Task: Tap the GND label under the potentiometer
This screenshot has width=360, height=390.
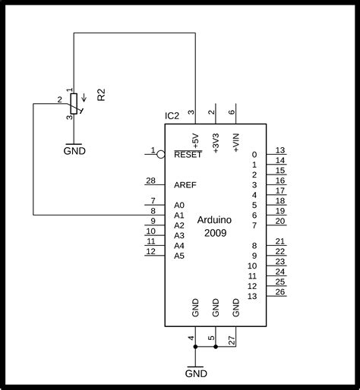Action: [74, 150]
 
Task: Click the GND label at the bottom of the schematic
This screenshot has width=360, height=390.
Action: [196, 373]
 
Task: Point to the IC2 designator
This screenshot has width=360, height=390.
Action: [173, 116]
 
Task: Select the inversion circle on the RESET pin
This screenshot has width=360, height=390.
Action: [161, 154]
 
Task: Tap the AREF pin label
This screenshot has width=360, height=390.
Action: [185, 184]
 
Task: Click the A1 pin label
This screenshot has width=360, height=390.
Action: [179, 215]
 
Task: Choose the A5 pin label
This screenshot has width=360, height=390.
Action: [179, 256]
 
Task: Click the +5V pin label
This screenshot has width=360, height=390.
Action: [196, 142]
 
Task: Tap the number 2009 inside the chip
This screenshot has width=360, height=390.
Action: [215, 232]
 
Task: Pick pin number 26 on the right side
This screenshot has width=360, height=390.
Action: [280, 291]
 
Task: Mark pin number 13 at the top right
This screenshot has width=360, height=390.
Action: [280, 149]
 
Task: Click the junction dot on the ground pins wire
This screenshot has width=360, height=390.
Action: [216, 346]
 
